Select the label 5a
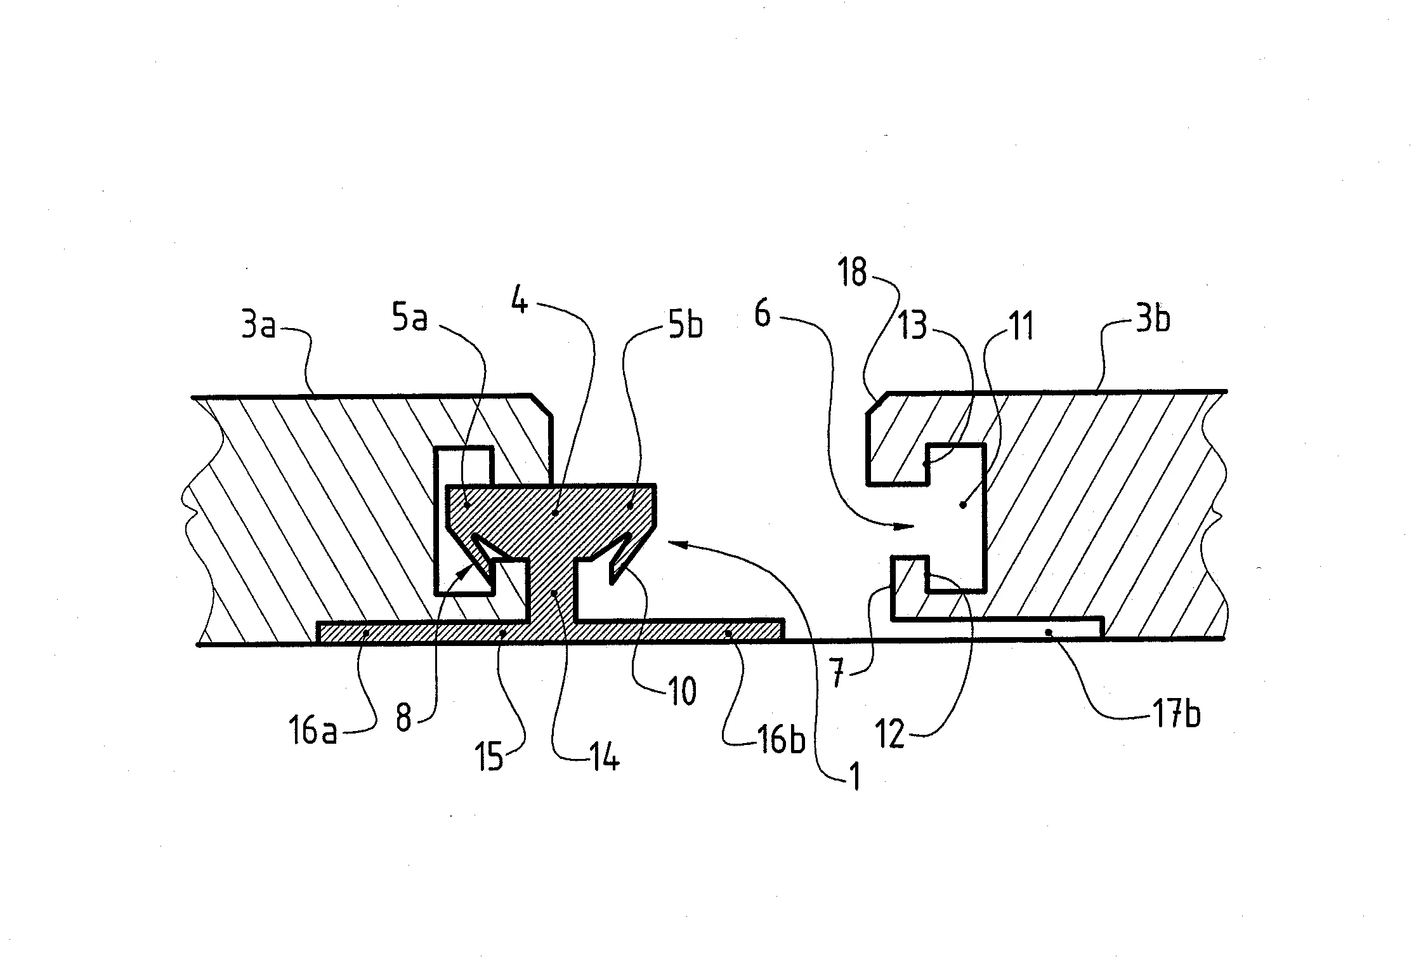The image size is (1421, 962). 410,319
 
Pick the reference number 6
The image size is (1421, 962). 763,313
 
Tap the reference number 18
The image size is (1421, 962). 853,273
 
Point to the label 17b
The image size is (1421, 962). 1176,715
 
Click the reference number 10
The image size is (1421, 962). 683,692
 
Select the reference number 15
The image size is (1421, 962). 490,758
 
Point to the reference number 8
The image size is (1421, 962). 403,718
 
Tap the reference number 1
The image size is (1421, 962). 856,777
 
